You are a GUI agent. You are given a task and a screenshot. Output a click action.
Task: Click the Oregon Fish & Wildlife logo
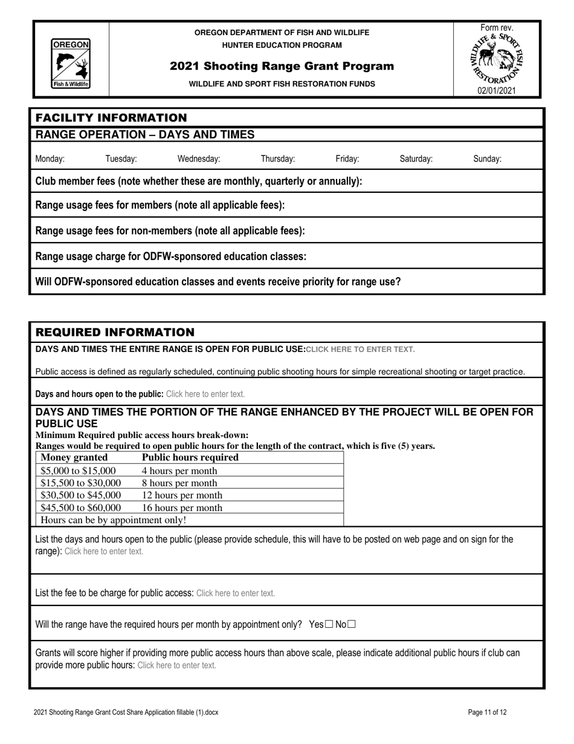coord(71,64)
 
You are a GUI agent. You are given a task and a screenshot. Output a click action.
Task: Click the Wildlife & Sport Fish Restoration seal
coord(497,59)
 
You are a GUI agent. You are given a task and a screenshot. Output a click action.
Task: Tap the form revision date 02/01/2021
coord(497,91)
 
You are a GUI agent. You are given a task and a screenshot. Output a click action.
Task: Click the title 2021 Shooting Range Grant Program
coord(282,66)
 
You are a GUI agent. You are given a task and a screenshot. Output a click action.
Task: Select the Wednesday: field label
coord(198,159)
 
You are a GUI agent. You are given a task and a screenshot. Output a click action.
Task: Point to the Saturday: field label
coord(416,159)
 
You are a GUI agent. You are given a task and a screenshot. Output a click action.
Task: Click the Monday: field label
coord(50,159)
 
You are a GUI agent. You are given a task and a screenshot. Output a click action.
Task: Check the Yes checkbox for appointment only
coord(329,625)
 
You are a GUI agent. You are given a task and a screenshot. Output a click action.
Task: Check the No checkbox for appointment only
coord(352,625)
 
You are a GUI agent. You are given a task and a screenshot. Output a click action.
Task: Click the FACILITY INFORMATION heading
coord(111,117)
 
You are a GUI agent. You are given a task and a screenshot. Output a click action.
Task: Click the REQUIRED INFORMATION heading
coord(115,332)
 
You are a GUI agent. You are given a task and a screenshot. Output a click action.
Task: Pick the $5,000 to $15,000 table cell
coord(78,471)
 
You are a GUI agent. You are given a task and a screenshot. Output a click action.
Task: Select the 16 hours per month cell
coord(182,508)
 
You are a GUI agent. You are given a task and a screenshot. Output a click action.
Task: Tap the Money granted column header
coord(74,458)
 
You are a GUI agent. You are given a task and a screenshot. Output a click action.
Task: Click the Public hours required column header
coord(190,458)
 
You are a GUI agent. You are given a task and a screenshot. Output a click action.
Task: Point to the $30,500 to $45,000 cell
coord(80,495)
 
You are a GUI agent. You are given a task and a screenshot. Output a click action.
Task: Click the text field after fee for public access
coord(236,593)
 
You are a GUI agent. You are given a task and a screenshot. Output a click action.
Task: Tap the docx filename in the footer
coord(126,713)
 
